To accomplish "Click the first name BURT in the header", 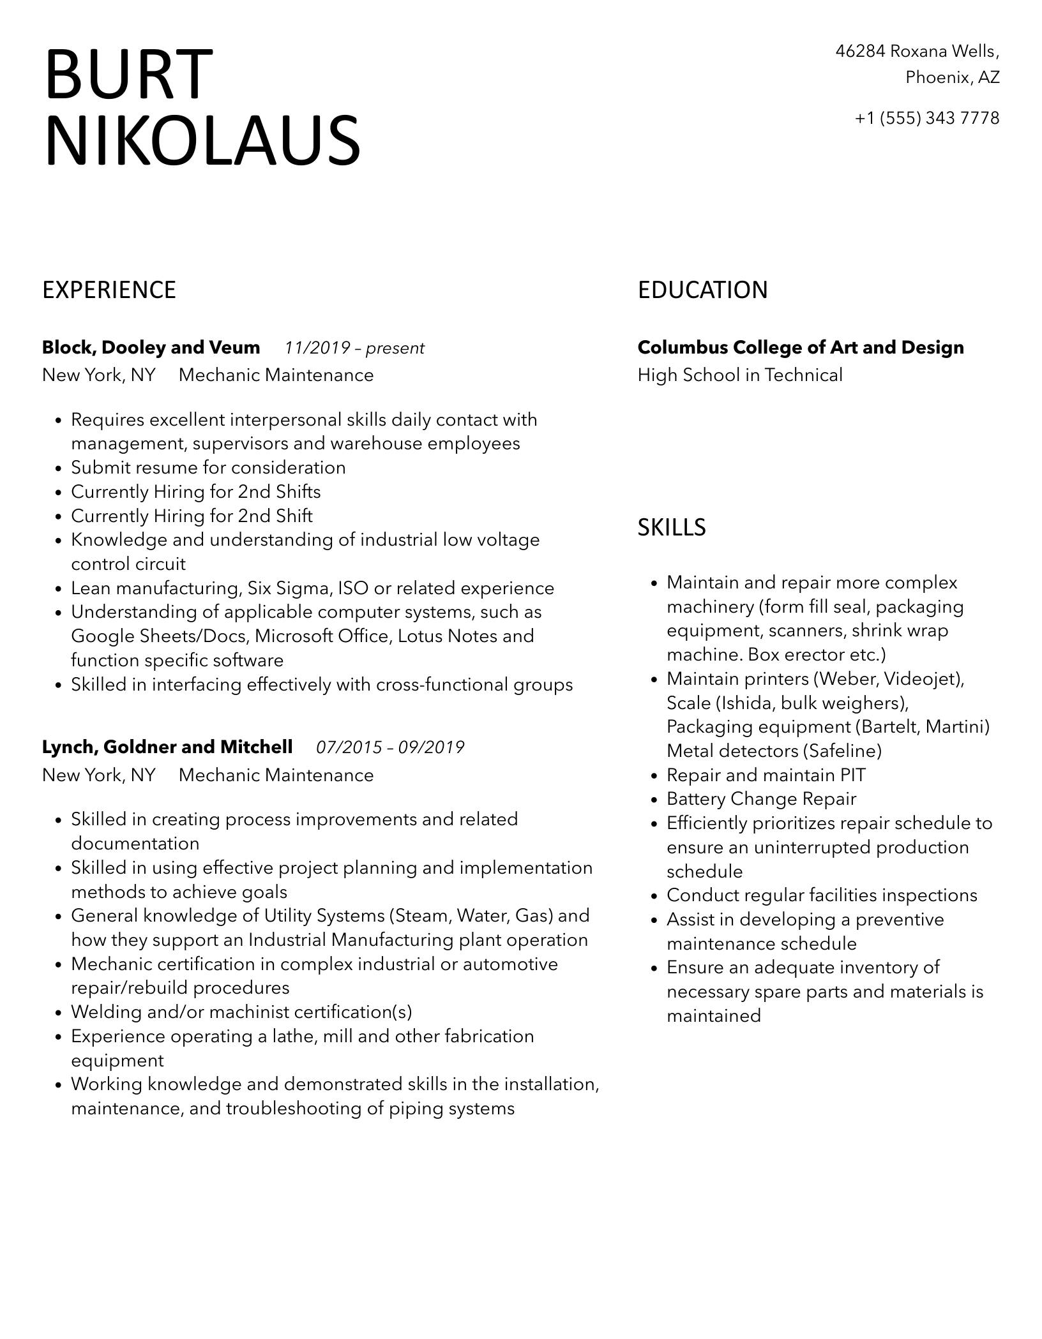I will tap(128, 75).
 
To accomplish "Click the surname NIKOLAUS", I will tap(202, 140).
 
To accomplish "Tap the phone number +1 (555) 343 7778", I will tap(927, 118).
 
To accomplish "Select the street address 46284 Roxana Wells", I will tap(917, 51).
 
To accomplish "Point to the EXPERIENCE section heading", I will tap(109, 290).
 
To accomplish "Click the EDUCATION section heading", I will tap(702, 290).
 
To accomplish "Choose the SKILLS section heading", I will tap(672, 527).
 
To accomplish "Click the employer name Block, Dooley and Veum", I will tap(151, 348).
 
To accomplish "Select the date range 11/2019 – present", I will tap(354, 348).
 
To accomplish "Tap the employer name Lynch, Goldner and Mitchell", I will tap(167, 747).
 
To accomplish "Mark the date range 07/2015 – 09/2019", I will tap(390, 747).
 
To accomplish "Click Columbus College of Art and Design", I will tap(801, 348).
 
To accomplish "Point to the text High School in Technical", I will tap(740, 375).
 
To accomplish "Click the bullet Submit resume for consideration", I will tap(208, 468).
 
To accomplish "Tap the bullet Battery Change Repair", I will tap(761, 799).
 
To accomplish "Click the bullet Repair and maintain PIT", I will tap(766, 775).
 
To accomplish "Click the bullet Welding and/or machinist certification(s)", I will tap(241, 1012).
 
